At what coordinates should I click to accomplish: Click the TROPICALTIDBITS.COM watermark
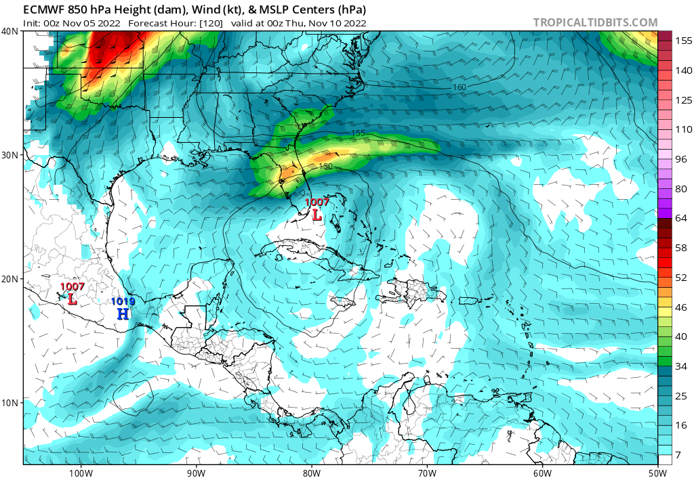point(595,22)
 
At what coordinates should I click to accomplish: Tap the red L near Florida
point(317,215)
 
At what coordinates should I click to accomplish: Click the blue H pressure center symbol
point(123,313)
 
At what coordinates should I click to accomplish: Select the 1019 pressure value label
point(123,301)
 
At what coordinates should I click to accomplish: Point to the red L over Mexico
point(72,298)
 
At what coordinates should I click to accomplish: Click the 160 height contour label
point(460,87)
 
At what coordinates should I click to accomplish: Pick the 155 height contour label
point(359,133)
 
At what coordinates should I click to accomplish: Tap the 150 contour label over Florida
point(326,167)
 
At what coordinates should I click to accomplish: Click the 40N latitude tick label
point(10,31)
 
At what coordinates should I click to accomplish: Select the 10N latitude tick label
point(10,403)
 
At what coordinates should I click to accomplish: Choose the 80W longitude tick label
point(311,472)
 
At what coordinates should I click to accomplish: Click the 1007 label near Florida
point(317,202)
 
